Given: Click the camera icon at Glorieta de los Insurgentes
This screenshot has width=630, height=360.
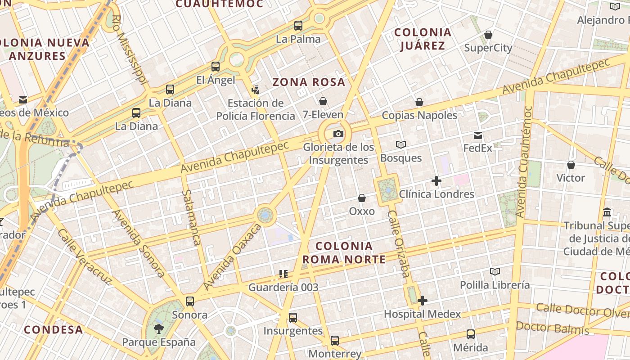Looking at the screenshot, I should click(x=338, y=134).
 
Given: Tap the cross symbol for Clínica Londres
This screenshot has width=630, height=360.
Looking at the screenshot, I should click(x=436, y=181).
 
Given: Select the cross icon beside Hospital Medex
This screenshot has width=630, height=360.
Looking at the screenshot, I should click(x=423, y=301).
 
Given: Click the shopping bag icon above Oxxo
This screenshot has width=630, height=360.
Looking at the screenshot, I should click(x=362, y=198).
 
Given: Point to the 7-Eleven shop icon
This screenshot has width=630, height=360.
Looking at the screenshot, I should click(x=323, y=101).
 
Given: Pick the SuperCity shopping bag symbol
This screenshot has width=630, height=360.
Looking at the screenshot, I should click(x=488, y=35).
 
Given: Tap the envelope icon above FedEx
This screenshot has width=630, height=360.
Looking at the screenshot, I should click(x=478, y=135).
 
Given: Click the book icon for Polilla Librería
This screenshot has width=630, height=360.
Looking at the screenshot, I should click(x=495, y=271).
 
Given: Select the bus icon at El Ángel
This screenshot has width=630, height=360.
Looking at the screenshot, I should click(x=216, y=67).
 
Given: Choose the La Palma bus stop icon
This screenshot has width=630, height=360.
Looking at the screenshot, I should click(x=298, y=25).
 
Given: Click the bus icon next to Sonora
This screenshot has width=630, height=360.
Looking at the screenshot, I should click(x=190, y=301).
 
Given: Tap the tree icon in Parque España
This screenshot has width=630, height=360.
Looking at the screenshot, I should click(x=158, y=328).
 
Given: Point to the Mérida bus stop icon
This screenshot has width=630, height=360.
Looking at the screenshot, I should click(x=471, y=334).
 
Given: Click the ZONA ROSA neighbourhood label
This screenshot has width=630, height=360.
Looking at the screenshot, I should click(x=309, y=82).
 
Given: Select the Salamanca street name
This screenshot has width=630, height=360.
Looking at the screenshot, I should click(x=191, y=218).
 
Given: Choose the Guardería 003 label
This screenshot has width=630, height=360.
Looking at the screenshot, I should click(x=283, y=287).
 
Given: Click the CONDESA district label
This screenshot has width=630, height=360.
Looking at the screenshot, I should click(x=54, y=329).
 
